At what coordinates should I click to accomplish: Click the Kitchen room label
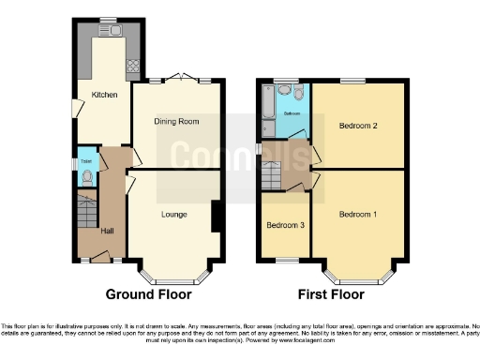(103, 95)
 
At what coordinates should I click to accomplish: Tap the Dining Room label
(176, 121)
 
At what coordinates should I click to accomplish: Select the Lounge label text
(173, 215)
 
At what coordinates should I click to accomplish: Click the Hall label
(108, 232)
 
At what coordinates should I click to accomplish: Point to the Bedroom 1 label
(358, 215)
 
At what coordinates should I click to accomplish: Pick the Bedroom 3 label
(285, 226)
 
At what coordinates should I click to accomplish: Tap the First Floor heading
(330, 293)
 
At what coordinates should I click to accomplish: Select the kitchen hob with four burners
(132, 66)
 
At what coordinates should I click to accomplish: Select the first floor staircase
(273, 173)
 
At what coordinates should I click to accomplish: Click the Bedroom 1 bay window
(356, 278)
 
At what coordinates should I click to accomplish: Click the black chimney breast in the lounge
(217, 216)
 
